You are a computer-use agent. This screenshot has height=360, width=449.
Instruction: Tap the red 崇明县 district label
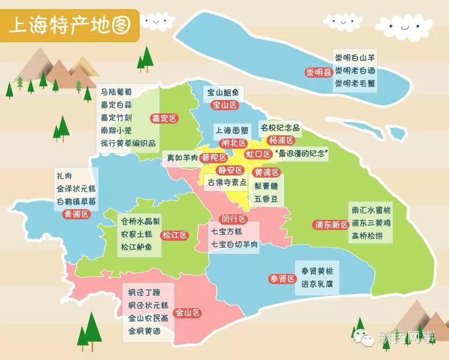point(318,72)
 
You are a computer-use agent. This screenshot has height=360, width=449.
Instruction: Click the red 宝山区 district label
point(225,105)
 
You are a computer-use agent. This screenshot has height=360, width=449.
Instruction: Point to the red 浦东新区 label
point(331,225)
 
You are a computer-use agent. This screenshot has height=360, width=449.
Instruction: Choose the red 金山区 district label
point(188,312)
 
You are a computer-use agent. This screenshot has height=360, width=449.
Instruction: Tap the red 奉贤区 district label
point(282,279)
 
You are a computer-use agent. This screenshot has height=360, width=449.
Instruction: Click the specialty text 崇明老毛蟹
point(355,83)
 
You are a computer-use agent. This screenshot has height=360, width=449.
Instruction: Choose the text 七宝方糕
point(227,232)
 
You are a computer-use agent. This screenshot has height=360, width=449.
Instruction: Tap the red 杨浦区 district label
point(282,141)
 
